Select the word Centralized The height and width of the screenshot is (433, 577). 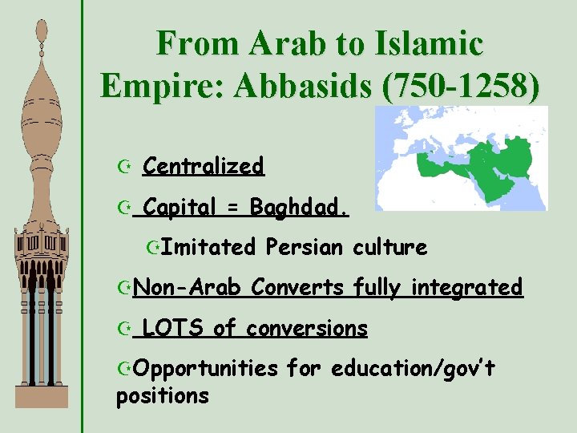(203, 167)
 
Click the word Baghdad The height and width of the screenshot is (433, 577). (299, 208)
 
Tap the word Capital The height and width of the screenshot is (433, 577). (180, 208)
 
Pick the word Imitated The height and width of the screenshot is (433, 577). (207, 247)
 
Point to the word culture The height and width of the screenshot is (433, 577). (389, 247)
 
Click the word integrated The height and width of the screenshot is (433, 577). (467, 287)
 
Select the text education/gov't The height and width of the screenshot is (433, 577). (414, 369)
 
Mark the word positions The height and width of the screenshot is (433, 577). (163, 396)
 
